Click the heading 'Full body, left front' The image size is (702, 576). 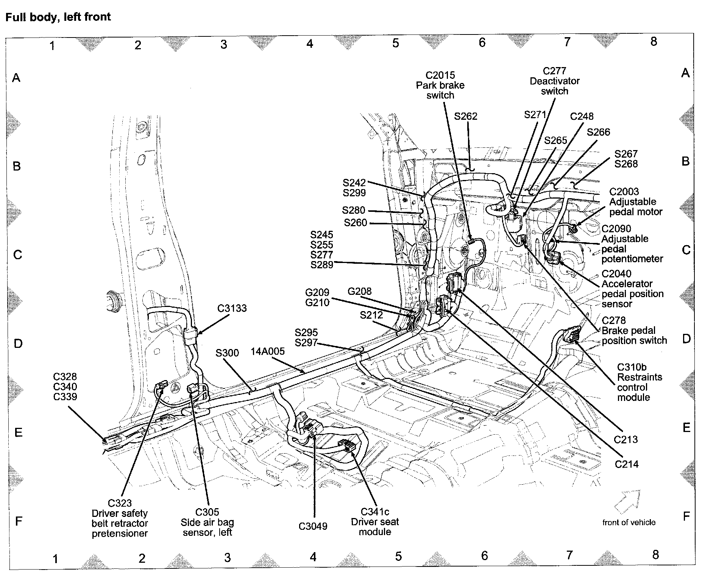click(58, 17)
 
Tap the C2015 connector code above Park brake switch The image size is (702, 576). click(440, 75)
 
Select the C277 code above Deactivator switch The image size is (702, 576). click(554, 71)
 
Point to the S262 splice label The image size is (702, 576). click(466, 116)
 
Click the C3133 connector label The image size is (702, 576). click(232, 308)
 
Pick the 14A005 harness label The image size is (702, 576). click(268, 351)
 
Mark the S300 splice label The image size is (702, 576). click(227, 353)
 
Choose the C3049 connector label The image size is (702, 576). click(313, 526)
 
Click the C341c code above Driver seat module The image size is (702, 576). click(374, 512)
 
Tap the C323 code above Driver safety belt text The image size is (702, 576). click(120, 503)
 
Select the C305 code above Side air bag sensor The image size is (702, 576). click(207, 512)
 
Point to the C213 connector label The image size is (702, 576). click(626, 440)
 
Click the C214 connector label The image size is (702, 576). click(627, 464)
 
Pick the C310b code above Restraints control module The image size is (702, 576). click(632, 367)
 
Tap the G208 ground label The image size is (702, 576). click(359, 291)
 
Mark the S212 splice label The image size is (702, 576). click(371, 315)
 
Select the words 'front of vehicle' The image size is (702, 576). click(629, 522)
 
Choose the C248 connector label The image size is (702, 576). click(582, 116)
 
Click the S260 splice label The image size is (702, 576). click(355, 223)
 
